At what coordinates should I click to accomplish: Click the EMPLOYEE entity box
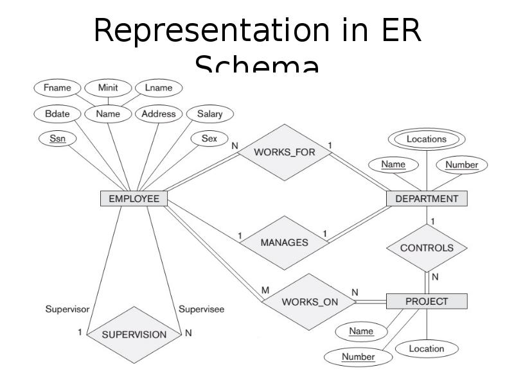click(x=134, y=199)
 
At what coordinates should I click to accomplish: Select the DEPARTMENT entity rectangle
click(x=427, y=199)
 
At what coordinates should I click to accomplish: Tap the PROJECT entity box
click(x=427, y=301)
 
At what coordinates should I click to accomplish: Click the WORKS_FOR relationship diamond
click(x=285, y=153)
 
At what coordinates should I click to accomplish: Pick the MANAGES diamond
click(x=284, y=243)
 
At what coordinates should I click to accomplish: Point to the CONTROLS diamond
click(x=427, y=248)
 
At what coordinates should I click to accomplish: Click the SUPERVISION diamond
click(x=134, y=334)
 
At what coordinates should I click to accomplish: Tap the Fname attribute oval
click(x=57, y=88)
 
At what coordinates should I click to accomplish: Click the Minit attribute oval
click(x=107, y=88)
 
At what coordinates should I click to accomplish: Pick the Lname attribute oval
click(x=159, y=88)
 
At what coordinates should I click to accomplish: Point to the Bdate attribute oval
click(x=57, y=114)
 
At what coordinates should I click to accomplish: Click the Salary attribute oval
click(x=209, y=114)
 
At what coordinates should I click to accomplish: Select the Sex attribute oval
click(x=209, y=139)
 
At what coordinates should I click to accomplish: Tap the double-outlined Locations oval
click(x=427, y=139)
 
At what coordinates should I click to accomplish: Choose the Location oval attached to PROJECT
click(x=427, y=349)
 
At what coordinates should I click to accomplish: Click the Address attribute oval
click(x=159, y=114)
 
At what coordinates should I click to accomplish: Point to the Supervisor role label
click(x=67, y=309)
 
